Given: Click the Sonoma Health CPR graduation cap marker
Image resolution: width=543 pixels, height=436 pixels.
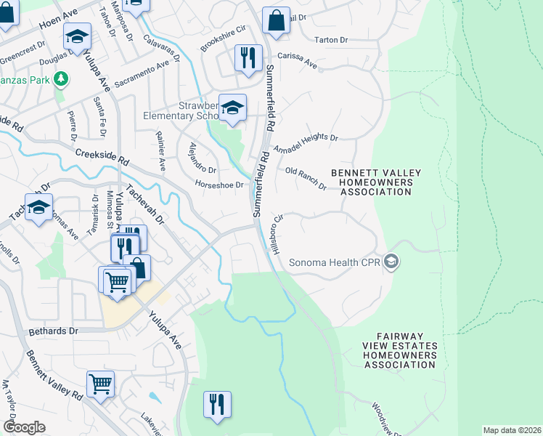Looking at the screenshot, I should coord(392,262).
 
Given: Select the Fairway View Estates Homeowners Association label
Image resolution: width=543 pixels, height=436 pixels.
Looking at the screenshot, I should coord(400,355).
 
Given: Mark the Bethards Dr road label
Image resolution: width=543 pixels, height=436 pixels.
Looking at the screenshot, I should coord(53,331).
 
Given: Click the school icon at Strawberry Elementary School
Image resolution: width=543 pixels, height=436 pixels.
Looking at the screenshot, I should coord(232,108).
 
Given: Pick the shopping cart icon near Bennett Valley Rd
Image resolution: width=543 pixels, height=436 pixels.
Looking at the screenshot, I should coord(100,383).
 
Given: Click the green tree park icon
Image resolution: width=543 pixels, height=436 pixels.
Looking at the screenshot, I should coord(62,78).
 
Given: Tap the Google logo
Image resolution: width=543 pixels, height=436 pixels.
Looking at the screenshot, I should coord(24,427).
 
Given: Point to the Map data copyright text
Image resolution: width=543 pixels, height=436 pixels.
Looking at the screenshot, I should coord(511,430).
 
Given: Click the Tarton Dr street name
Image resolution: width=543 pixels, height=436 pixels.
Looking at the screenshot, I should coord(332,40).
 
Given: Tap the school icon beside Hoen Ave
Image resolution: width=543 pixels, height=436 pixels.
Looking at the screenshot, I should coord(76,36).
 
